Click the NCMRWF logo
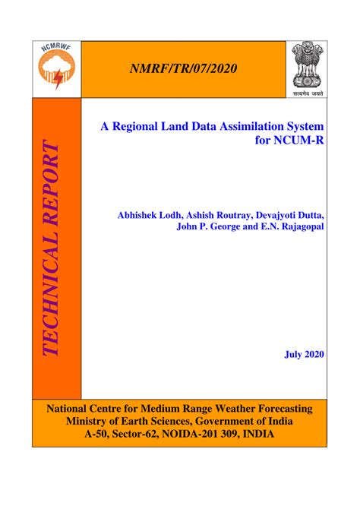(56, 69)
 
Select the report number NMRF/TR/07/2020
(184, 69)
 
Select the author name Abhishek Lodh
(150, 215)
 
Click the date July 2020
(304, 354)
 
